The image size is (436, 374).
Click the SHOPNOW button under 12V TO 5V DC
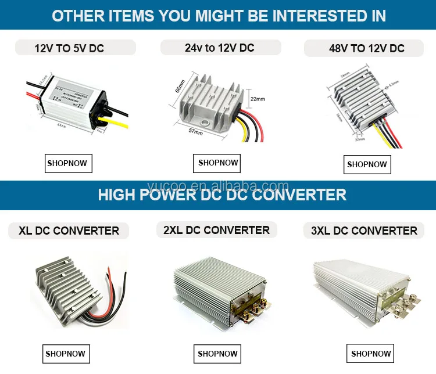pyautogui.click(x=69, y=163)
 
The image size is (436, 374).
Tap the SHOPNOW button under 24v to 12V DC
pyautogui.click(x=218, y=163)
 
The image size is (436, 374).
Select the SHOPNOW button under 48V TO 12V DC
pyautogui.click(x=367, y=164)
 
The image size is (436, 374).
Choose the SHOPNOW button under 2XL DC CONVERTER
pyautogui.click(x=217, y=354)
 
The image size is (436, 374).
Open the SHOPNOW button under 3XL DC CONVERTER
pyautogui.click(x=371, y=353)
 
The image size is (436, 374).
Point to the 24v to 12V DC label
pyautogui.click(x=219, y=48)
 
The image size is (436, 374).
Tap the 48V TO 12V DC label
pyautogui.click(x=366, y=48)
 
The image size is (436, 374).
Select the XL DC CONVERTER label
pyautogui.click(x=69, y=231)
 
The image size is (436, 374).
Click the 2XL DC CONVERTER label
pyautogui.click(x=216, y=230)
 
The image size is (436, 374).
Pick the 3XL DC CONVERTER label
pyautogui.click(x=364, y=231)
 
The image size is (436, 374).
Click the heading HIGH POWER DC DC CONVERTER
pyautogui.click(x=222, y=195)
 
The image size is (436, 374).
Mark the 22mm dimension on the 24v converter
pyautogui.click(x=257, y=99)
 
